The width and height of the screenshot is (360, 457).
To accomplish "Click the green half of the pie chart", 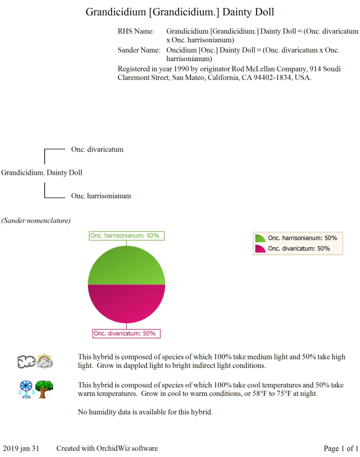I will click(126, 266).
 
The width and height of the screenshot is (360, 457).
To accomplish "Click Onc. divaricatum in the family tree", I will click(97, 150).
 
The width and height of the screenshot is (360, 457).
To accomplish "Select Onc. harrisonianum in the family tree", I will click(101, 196).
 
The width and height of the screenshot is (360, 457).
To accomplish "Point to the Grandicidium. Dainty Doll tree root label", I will click(42, 172).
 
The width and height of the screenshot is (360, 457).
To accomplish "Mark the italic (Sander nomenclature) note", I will click(35, 220).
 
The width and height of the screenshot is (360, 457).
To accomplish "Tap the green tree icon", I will click(45, 388).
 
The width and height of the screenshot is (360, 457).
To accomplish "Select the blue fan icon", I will click(26, 389).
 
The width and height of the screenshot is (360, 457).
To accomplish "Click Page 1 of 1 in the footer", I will click(341, 448).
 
